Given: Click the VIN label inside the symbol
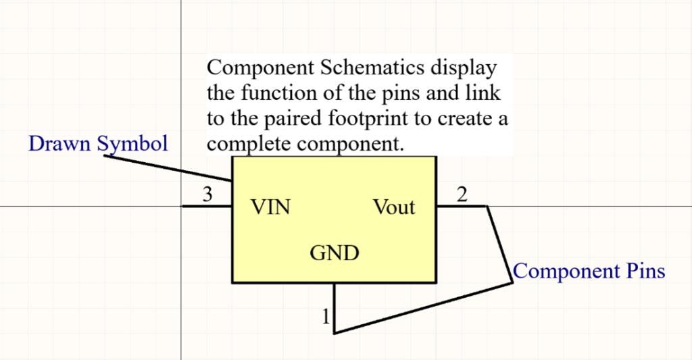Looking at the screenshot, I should [x=270, y=207].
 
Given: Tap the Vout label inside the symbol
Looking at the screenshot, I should [x=394, y=207].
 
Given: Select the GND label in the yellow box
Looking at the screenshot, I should [x=334, y=253].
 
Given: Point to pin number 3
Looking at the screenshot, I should [x=208, y=195].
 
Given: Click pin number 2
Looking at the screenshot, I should [x=462, y=195].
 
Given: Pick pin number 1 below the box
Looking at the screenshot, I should [x=326, y=315].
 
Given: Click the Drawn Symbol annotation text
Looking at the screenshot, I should [x=98, y=143].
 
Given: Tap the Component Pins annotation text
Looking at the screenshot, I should [x=589, y=272].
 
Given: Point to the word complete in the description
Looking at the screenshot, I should [x=248, y=144].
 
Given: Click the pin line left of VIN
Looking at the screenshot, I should [x=207, y=206].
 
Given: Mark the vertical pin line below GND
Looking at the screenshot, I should [x=335, y=307].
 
